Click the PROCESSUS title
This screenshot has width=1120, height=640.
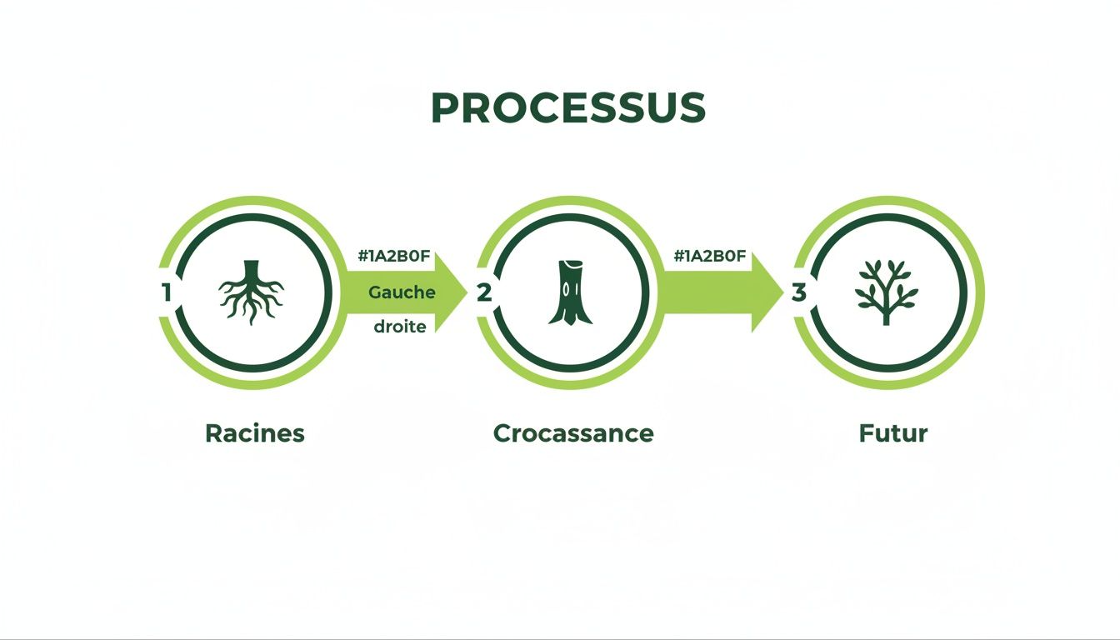tap(568, 108)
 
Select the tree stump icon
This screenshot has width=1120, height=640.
tap(570, 292)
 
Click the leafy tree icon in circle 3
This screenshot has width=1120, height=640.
tap(887, 292)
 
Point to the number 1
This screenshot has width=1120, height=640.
tap(167, 292)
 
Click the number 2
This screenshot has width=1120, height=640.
tap(483, 292)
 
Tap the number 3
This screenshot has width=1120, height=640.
tap(799, 292)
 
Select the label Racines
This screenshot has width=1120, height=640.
tap(255, 433)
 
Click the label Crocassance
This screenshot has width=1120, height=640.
tap(573, 433)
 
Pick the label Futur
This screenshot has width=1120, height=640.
tap(893, 433)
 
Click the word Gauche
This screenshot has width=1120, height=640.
tap(402, 292)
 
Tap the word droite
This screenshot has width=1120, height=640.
tap(400, 327)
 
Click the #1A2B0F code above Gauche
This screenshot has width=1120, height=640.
tap(394, 257)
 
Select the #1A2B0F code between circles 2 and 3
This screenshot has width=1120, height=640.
tap(710, 257)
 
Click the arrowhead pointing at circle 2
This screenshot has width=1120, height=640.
tap(452, 292)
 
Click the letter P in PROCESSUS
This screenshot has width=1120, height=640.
tap(445, 108)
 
